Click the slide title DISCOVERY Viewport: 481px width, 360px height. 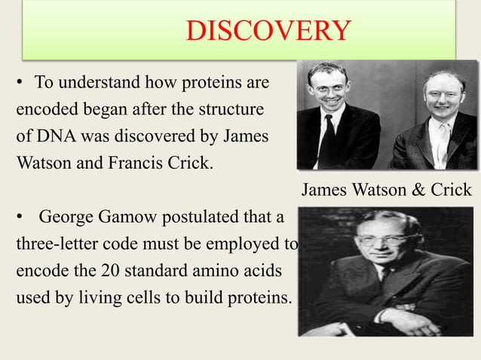[x=268, y=31]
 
